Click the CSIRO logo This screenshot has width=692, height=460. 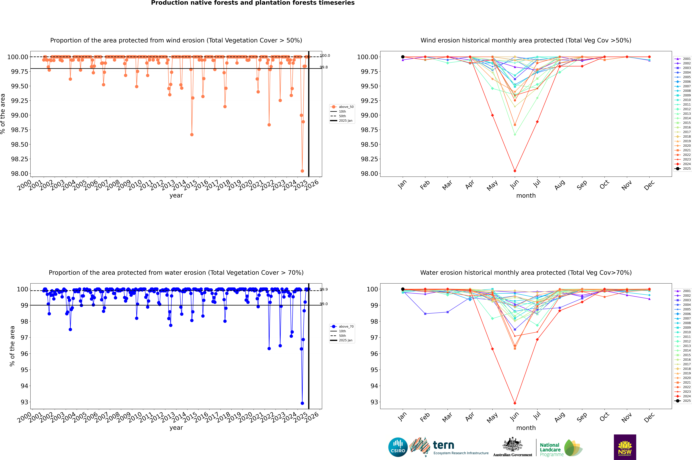pos(398,447)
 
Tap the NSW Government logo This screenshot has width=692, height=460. pos(625,447)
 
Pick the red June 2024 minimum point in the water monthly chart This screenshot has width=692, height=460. pos(515,403)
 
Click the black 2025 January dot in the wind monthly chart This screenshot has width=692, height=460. pos(403,57)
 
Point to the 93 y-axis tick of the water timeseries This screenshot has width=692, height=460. pos(24,402)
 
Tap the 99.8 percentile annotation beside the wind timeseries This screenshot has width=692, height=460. pos(324,67)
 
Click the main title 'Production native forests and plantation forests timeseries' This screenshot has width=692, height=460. pos(253,3)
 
